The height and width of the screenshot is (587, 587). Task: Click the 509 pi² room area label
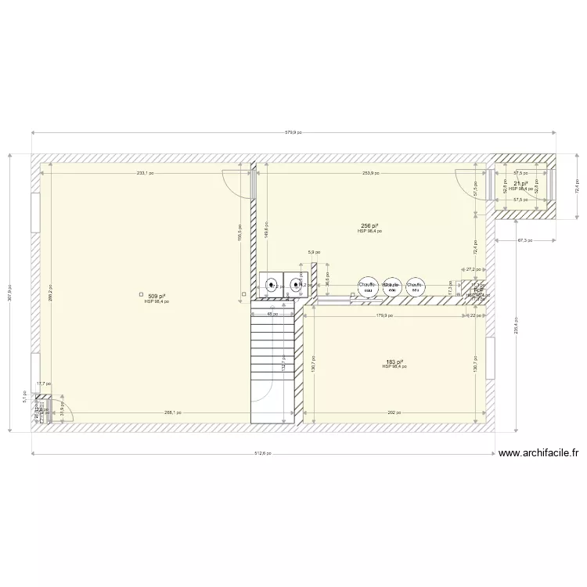[157, 296]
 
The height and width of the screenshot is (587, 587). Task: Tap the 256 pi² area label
[369, 226]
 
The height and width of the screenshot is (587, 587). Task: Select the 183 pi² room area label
[394, 362]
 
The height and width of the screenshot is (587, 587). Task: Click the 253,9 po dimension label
[372, 174]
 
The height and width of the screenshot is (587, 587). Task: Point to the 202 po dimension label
[394, 412]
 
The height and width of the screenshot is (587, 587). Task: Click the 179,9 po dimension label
[385, 316]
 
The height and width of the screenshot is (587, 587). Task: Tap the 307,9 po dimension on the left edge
[9, 292]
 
